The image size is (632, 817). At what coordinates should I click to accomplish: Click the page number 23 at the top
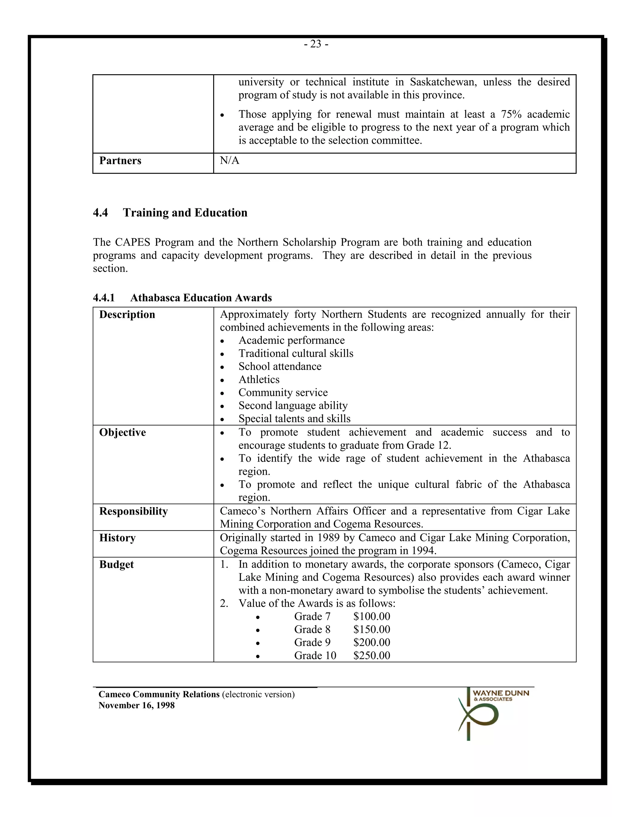pos(316,44)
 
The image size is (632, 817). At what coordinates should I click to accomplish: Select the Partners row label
pos(120,161)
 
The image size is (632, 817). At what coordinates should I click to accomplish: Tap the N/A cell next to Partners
pos(230,161)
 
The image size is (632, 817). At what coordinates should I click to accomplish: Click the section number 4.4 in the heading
pos(100,213)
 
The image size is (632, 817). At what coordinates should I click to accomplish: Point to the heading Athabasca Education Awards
pos(201,298)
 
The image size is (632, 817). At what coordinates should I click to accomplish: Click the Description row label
pos(127,314)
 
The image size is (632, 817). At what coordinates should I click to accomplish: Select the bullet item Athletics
pos(259,380)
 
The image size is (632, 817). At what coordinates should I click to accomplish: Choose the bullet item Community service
pos(283,393)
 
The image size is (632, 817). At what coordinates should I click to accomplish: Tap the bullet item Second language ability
pos(293,406)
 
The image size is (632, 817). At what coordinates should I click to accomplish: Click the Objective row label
pos(123,433)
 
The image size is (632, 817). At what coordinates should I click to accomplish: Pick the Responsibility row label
pos(133,511)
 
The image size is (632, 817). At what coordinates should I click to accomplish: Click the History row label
pos(117,538)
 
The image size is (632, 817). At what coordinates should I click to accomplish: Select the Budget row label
pos(116,565)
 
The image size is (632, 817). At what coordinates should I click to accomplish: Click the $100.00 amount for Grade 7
pos(372,617)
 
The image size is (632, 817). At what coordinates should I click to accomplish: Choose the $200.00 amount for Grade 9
pos(372,643)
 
